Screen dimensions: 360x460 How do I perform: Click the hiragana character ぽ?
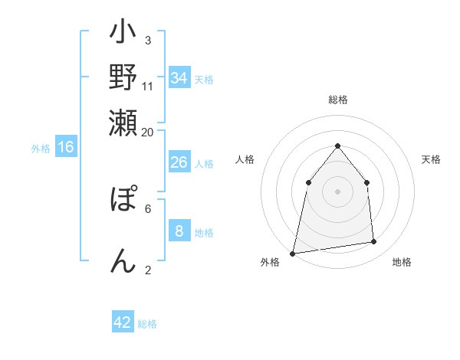point(123,201)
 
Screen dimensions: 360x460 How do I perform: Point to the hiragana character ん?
point(123,260)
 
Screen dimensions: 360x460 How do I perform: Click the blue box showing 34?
point(179,78)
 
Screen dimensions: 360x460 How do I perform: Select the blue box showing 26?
point(179,162)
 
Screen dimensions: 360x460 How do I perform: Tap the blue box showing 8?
point(179,231)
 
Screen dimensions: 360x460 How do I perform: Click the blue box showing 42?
point(123,322)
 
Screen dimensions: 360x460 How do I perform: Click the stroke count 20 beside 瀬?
point(148,132)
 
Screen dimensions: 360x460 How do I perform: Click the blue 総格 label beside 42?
point(147,324)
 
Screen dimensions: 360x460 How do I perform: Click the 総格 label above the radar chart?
point(337,100)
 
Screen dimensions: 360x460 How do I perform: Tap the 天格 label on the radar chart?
point(431,159)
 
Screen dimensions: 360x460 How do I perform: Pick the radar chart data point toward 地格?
point(374,242)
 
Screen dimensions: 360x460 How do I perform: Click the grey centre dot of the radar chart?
point(337,191)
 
